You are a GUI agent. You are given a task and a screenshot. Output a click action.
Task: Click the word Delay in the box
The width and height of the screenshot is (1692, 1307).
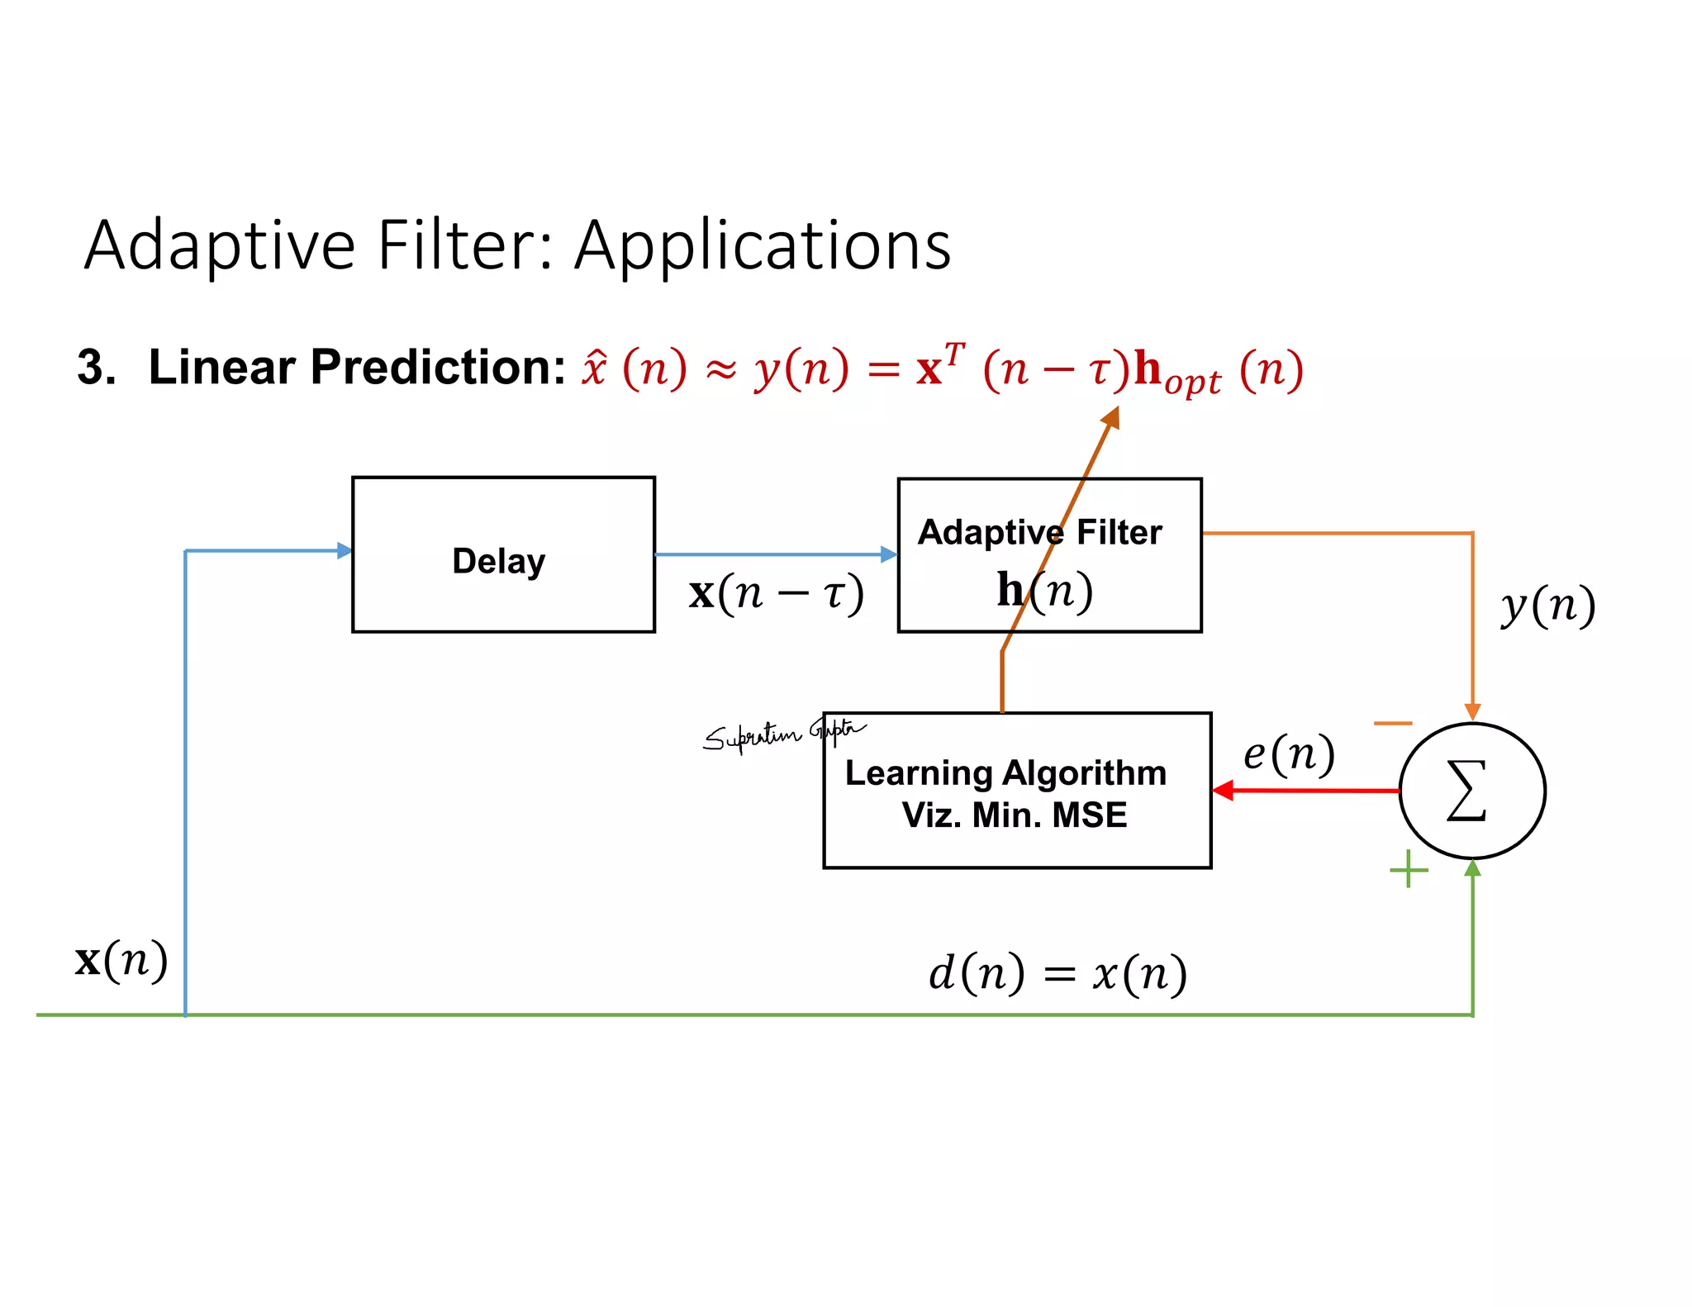pos(499,562)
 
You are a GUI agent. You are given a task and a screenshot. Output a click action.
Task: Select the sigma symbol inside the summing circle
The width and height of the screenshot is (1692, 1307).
pos(1467,791)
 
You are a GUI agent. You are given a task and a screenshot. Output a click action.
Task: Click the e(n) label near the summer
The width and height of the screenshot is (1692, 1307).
pos(1289,753)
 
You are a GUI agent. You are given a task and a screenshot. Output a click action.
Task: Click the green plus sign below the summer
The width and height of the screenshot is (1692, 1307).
pos(1409,870)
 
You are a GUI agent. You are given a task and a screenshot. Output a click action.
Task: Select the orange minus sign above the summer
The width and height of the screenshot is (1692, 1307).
pos(1393,724)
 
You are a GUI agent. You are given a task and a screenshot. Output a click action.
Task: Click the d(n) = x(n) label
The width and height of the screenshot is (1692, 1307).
pos(1057,973)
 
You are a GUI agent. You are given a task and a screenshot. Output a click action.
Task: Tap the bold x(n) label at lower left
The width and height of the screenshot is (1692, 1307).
pos(121,960)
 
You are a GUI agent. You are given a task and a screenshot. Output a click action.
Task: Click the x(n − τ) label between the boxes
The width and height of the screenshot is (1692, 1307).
pos(776,593)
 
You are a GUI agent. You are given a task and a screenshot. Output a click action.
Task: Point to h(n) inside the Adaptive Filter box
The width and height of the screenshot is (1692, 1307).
pos(1044,590)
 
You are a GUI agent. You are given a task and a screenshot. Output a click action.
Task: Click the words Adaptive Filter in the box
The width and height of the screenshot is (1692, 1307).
pos(1039,533)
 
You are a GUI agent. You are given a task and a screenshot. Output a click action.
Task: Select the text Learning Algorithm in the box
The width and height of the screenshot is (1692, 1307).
pos(1005,773)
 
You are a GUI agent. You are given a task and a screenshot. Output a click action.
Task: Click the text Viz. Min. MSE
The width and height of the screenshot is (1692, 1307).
pos(1014,815)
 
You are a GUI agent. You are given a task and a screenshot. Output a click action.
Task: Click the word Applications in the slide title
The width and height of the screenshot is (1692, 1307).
pos(763,245)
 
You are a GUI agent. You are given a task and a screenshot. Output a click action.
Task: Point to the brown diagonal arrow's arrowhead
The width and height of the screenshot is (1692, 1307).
pos(1111,417)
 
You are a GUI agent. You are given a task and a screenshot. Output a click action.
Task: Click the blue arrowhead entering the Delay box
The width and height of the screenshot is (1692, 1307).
pos(345,551)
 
